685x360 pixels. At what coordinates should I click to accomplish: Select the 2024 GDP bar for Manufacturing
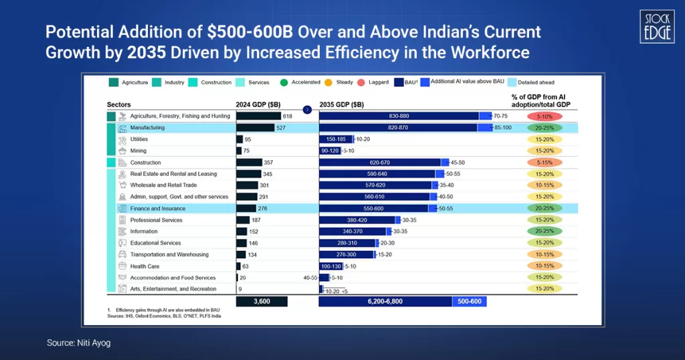pos(255,128)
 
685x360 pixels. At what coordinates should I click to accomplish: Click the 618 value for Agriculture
pos(288,116)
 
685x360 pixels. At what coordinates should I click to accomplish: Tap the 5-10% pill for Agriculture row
pos(544,116)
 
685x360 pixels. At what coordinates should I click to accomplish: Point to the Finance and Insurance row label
pos(158,209)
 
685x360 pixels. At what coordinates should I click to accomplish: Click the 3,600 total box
pos(262,302)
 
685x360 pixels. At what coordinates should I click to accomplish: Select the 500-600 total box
pos(469,302)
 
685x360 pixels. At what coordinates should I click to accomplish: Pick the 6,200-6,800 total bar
pos(385,302)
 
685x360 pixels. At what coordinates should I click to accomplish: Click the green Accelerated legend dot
pos(284,82)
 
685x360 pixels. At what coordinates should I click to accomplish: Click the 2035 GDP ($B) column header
pos(341,104)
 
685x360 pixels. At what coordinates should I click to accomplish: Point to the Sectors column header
pos(118,104)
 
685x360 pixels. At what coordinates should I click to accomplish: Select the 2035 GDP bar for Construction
pos(379,163)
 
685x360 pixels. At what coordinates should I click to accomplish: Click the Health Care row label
pos(144,266)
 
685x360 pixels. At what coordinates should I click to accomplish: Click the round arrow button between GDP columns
pos(307,109)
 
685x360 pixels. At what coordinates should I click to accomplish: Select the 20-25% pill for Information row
pos(544,232)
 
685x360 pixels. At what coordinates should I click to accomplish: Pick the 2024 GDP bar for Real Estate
pos(248,174)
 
